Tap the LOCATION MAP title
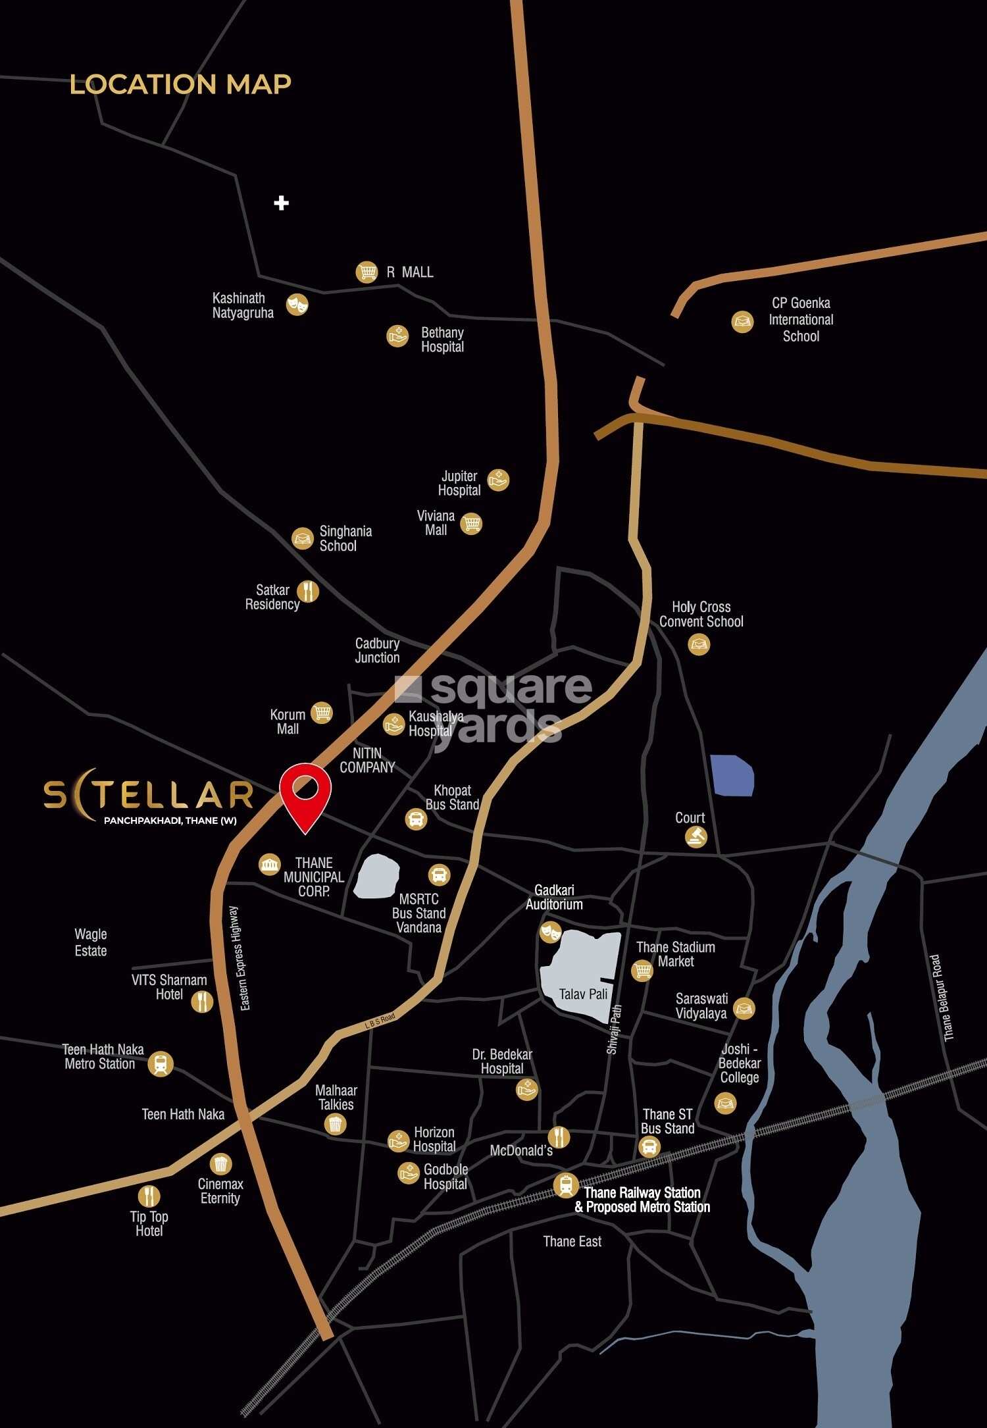pyautogui.click(x=180, y=84)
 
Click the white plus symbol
pyautogui.click(x=281, y=203)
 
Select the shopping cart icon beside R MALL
pyautogui.click(x=367, y=272)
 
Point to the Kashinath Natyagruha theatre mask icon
pyautogui.click(x=297, y=305)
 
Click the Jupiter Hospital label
pyautogui.click(x=459, y=483)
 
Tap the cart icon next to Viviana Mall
pyautogui.click(x=471, y=524)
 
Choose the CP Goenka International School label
pyautogui.click(x=800, y=320)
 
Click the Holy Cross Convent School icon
pyautogui.click(x=699, y=644)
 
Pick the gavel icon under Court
pyautogui.click(x=696, y=837)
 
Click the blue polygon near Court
pyautogui.click(x=732, y=776)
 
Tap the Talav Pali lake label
pyautogui.click(x=583, y=994)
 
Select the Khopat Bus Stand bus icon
pyautogui.click(x=416, y=819)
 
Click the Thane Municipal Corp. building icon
pyautogui.click(x=269, y=864)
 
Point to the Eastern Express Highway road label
pyautogui.click(x=239, y=958)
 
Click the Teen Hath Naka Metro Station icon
pyautogui.click(x=161, y=1063)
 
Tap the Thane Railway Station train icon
pyautogui.click(x=565, y=1185)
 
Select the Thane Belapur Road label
pyautogui.click(x=942, y=998)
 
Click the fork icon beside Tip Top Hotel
pyautogui.click(x=149, y=1195)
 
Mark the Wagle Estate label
pyautogui.click(x=91, y=942)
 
